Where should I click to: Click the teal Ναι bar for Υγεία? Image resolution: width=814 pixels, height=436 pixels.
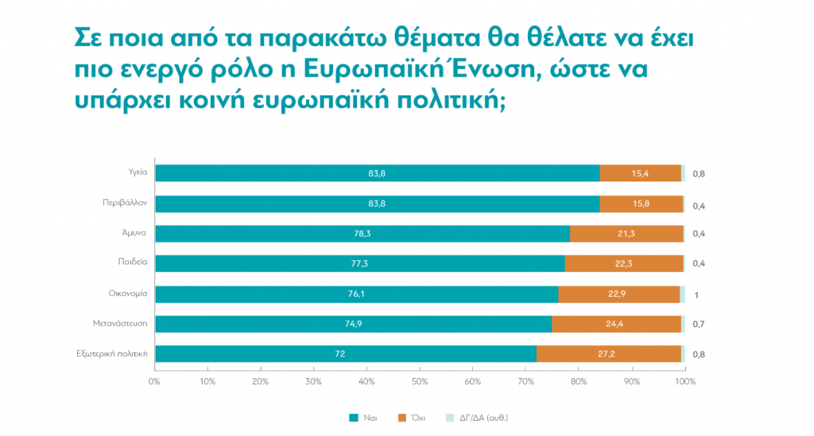[377, 173]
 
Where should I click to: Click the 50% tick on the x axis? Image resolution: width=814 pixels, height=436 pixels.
[420, 382]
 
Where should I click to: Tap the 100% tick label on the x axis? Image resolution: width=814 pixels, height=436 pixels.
[684, 382]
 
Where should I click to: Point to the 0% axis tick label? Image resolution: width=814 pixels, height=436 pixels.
[154, 382]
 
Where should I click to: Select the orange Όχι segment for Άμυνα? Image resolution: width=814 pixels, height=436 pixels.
[626, 233]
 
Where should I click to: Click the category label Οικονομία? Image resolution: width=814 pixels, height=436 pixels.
[129, 294]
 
